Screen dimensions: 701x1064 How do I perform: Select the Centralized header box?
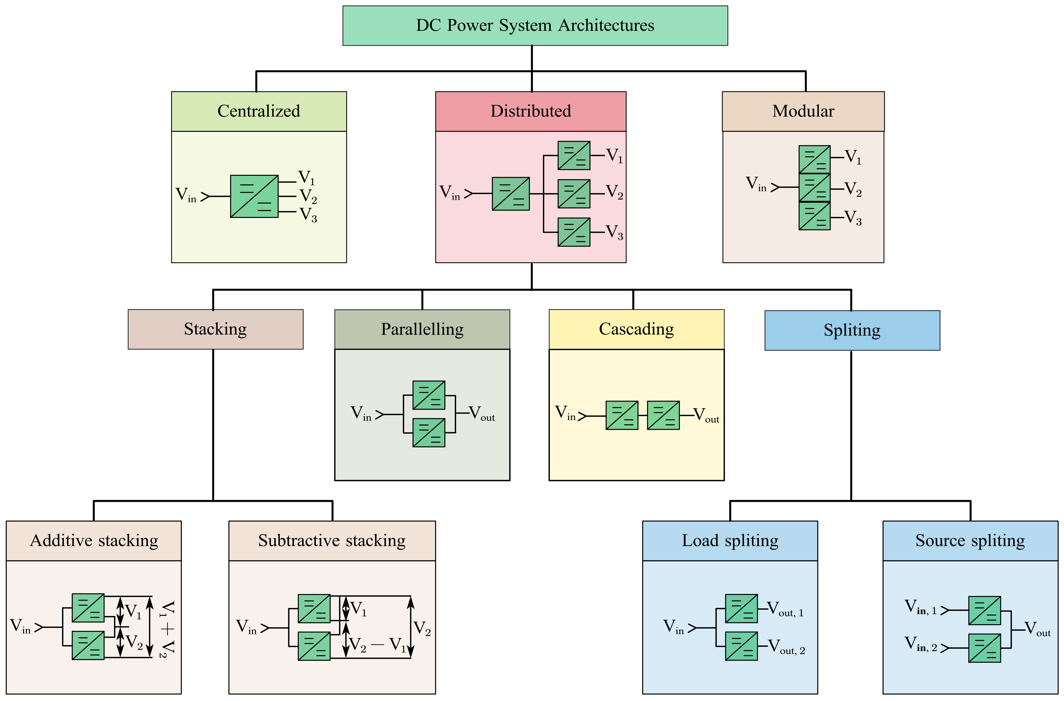click(259, 111)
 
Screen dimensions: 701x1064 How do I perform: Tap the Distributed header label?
click(531, 111)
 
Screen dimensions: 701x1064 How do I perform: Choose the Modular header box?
click(803, 111)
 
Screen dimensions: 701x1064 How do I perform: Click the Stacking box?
click(215, 329)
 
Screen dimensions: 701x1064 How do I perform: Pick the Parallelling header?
click(422, 329)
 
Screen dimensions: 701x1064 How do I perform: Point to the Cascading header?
click(636, 329)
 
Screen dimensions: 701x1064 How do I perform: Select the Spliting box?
click(852, 331)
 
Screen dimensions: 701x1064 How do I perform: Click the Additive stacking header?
click(94, 541)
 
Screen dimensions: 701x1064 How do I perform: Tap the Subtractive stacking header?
click(332, 541)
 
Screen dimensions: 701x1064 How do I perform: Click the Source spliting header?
click(970, 541)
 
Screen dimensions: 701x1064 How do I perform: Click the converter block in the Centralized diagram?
click(254, 196)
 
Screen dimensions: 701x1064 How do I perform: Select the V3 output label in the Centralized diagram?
click(308, 215)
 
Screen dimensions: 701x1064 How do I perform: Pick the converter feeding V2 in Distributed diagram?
click(574, 194)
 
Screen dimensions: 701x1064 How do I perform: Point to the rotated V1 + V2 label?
click(167, 629)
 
